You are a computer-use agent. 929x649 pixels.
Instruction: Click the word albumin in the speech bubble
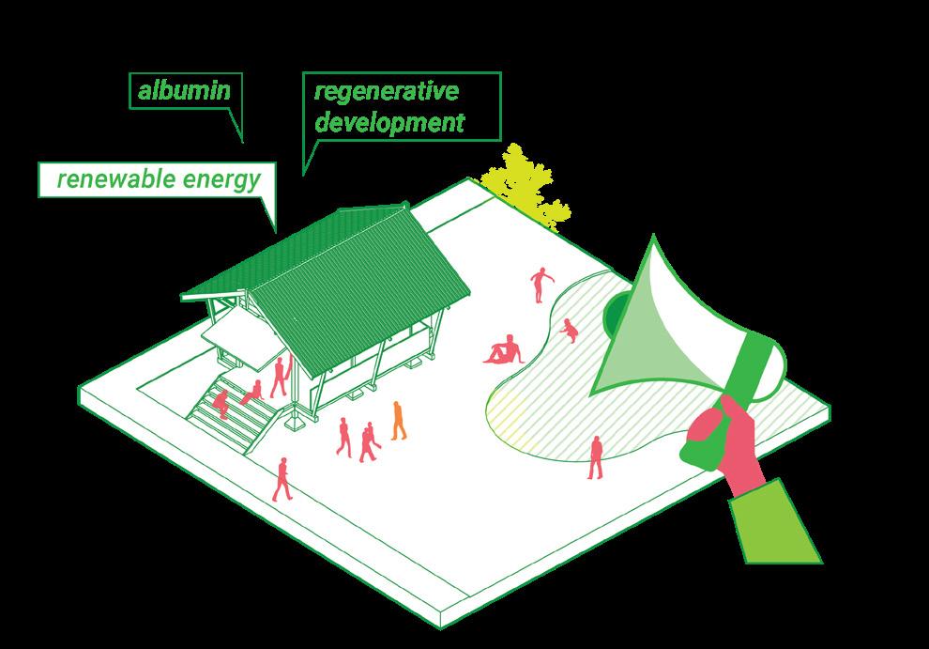point(184,90)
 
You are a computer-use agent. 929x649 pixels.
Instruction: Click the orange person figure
point(399,420)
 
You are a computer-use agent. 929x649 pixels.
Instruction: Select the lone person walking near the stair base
point(282,478)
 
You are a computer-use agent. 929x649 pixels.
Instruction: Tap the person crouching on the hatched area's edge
point(569,331)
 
